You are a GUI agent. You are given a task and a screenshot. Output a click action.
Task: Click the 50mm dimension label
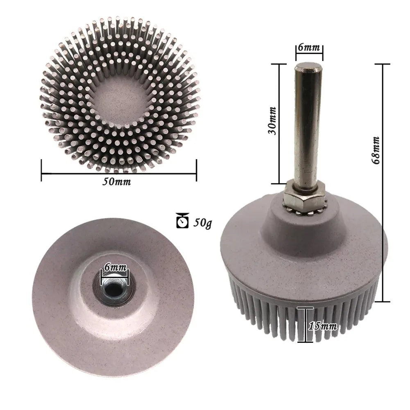pyautogui.click(x=117, y=182)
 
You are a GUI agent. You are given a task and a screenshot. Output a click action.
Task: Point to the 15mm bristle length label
pyautogui.click(x=323, y=326)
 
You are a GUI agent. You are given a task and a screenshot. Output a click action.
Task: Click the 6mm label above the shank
pyautogui.click(x=309, y=47)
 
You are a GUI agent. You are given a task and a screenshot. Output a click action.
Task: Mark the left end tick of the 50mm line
pyautogui.click(x=41, y=170)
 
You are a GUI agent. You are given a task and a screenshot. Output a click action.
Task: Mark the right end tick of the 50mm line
pyautogui.click(x=197, y=170)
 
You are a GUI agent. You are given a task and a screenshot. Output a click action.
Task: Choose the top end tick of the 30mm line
pyautogui.click(x=279, y=64)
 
